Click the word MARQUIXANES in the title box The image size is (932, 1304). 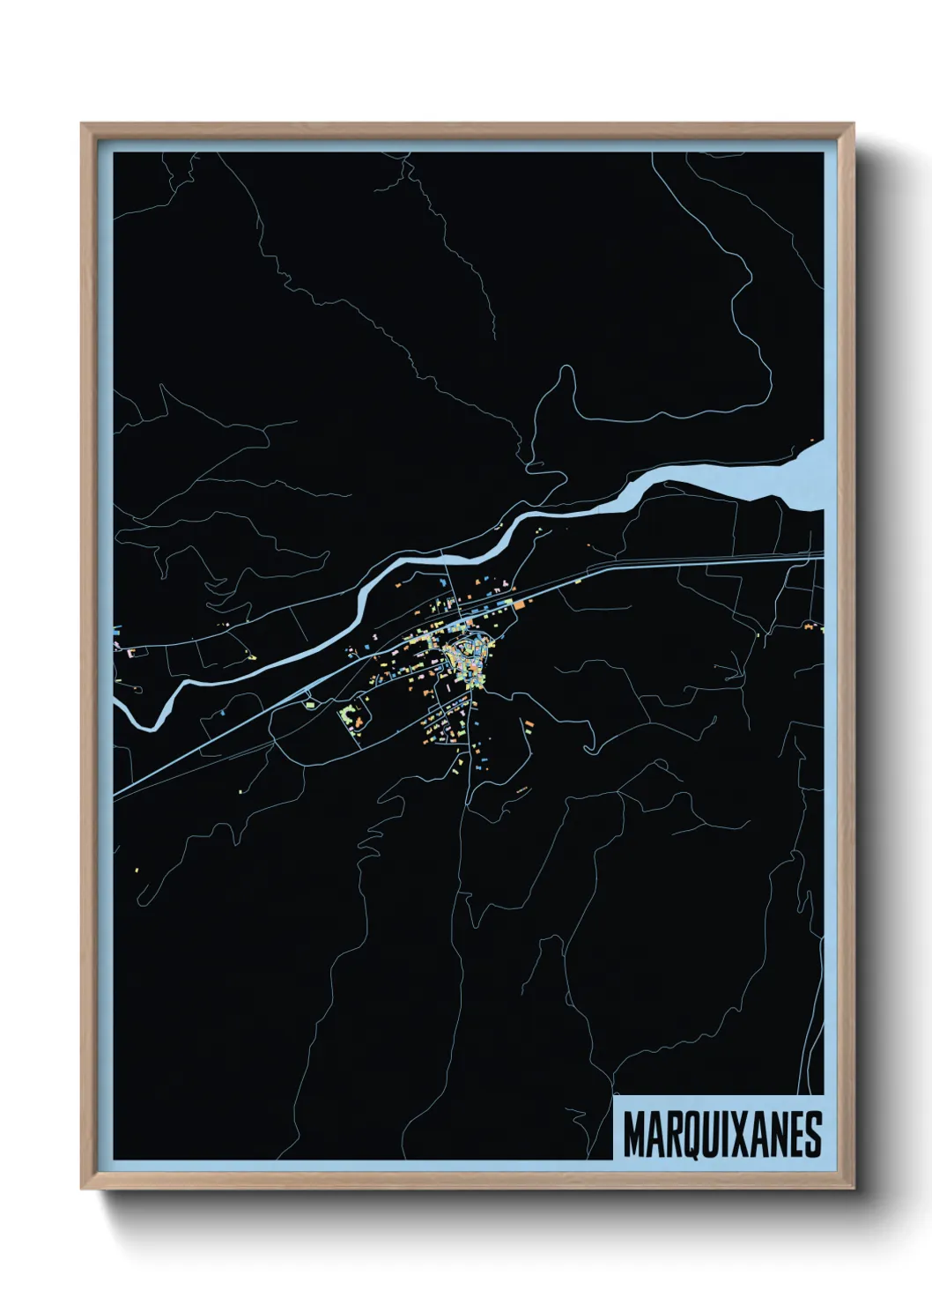click(722, 1134)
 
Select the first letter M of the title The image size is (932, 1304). click(633, 1134)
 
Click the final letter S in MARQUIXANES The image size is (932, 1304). click(812, 1134)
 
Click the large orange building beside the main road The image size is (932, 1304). click(520, 605)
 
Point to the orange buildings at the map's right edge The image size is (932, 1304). click(809, 626)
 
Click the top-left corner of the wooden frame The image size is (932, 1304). click(83, 125)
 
